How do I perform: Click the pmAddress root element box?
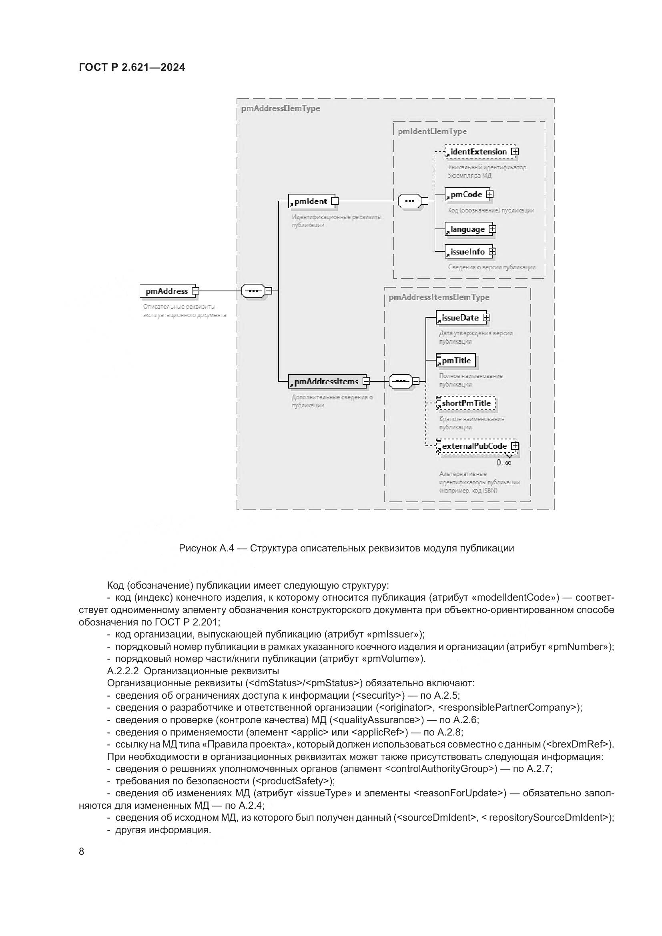coord(167,291)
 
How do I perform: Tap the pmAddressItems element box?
coord(327,382)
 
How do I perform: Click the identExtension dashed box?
coord(479,152)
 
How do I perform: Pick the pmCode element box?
coord(466,195)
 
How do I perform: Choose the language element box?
coord(467,230)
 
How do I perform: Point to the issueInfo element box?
coord(467,252)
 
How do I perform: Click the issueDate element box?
coord(460,318)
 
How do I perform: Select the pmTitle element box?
coord(456,361)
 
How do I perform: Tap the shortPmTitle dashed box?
coord(466,404)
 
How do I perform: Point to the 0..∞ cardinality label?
coord(504,463)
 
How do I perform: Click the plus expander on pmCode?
coord(489,194)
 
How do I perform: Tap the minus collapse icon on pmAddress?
coord(196,291)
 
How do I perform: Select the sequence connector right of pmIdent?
coord(409,201)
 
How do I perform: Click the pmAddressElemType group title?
coord(281,108)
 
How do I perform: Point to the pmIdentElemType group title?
coord(433,132)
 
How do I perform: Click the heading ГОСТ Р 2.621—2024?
coord(132,68)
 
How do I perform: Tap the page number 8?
coord(82,852)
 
